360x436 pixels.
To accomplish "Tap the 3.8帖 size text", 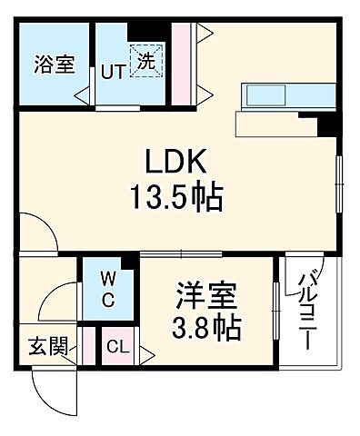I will (207, 326).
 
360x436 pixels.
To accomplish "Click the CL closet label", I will (115, 347).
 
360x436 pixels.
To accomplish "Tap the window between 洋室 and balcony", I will (275, 309).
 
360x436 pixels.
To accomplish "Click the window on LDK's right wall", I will (338, 182).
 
